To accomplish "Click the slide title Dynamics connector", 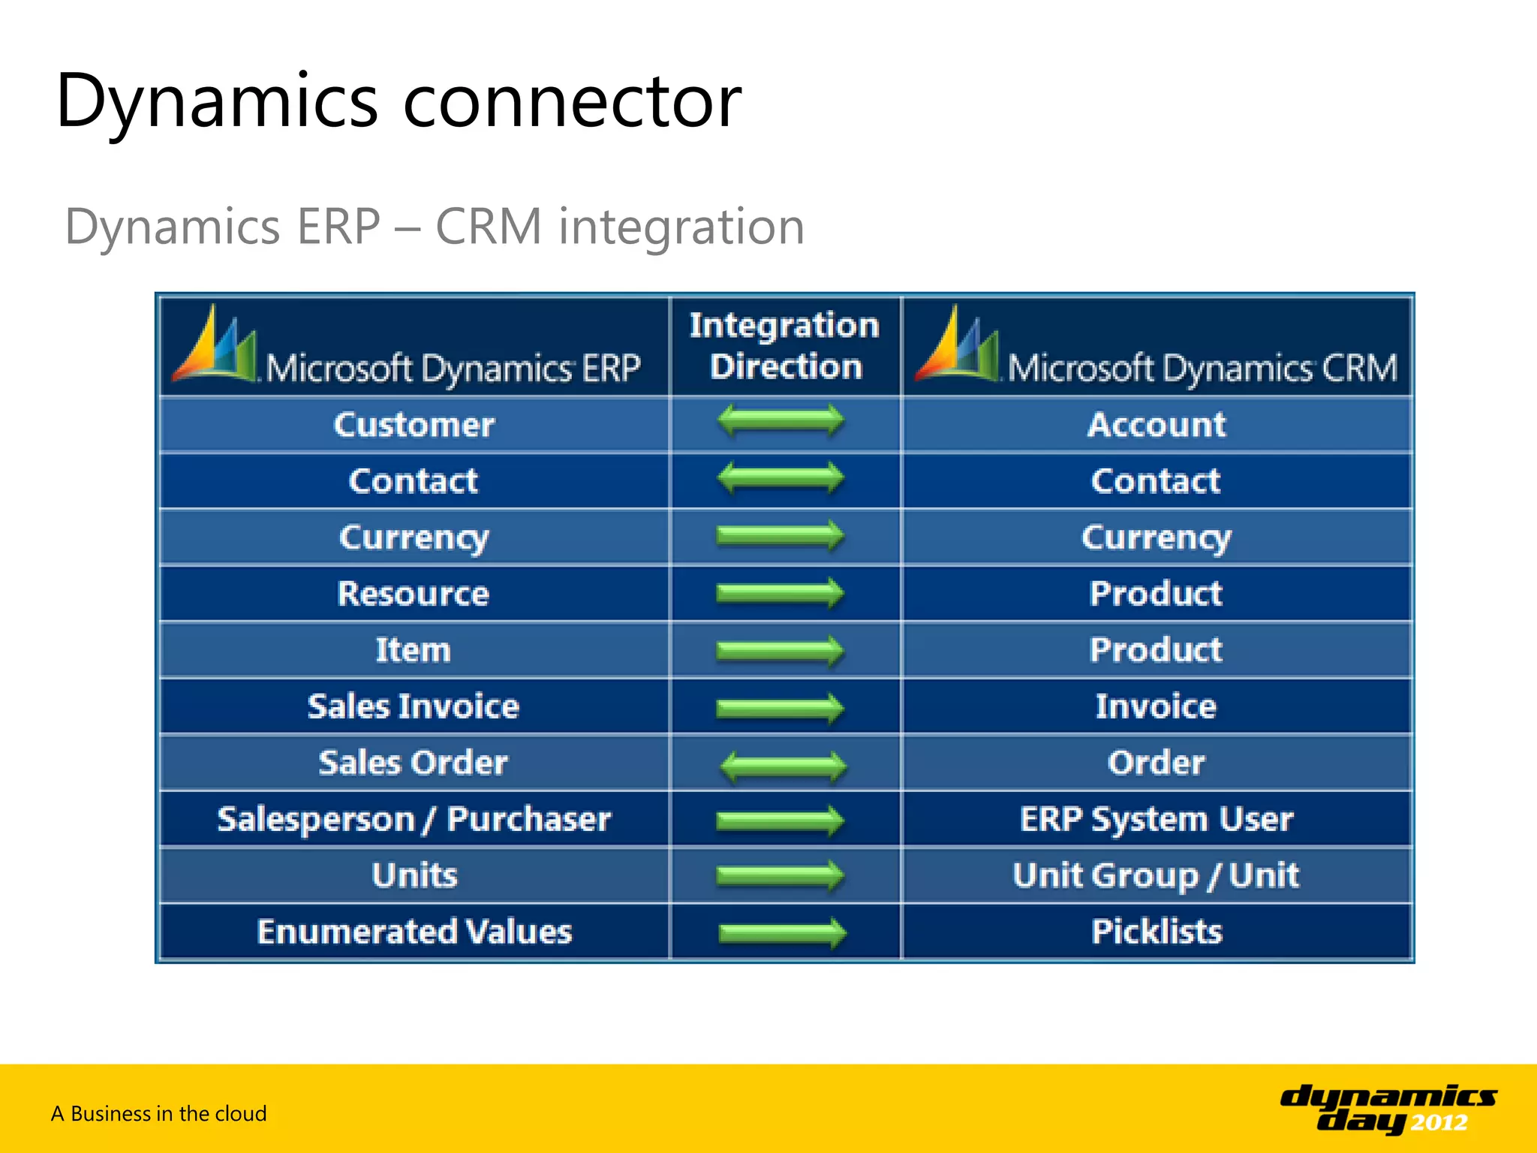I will [x=398, y=101].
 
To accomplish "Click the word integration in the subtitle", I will [x=681, y=227].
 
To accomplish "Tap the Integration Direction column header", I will [x=784, y=346].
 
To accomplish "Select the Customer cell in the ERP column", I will [x=414, y=425].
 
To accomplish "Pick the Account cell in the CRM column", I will [x=1156, y=425].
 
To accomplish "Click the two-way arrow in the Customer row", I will [x=781, y=420].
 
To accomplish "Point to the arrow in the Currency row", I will [x=781, y=536].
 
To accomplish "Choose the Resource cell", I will [x=414, y=594].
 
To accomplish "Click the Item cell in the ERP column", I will [x=414, y=650].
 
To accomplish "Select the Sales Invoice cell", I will [x=414, y=706].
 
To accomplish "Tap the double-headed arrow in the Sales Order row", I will [x=783, y=766].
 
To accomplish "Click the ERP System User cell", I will [x=1156, y=819].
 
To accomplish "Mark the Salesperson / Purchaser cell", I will [x=414, y=819].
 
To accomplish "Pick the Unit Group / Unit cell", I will [x=1156, y=875].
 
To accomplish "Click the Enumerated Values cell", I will [x=414, y=932].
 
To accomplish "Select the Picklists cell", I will [x=1156, y=932].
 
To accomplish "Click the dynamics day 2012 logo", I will [x=1388, y=1109].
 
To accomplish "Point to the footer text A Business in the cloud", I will [x=158, y=1113].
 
